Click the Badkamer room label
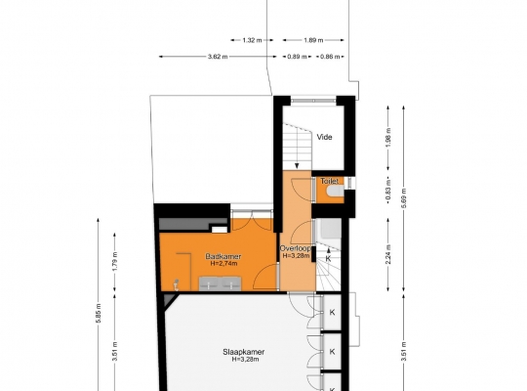[x=223, y=256]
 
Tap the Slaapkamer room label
[x=244, y=352]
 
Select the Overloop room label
[x=296, y=248]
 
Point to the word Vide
[x=324, y=137]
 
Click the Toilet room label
[x=329, y=181]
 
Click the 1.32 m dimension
[x=252, y=40]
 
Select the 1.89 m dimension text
[x=313, y=40]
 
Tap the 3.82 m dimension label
[x=218, y=57]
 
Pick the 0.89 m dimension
[x=297, y=57]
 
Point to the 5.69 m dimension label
[x=404, y=198]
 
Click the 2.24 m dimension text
[x=388, y=254]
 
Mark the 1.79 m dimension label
[x=114, y=262]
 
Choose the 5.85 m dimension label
[x=99, y=313]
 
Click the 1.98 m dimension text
[x=388, y=138]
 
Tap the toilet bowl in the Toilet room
[x=335, y=191]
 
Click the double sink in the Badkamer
[x=221, y=283]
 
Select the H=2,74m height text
[x=223, y=263]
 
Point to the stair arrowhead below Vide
[x=297, y=165]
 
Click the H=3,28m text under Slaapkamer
[x=245, y=360]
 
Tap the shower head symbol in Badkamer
[x=175, y=284]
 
